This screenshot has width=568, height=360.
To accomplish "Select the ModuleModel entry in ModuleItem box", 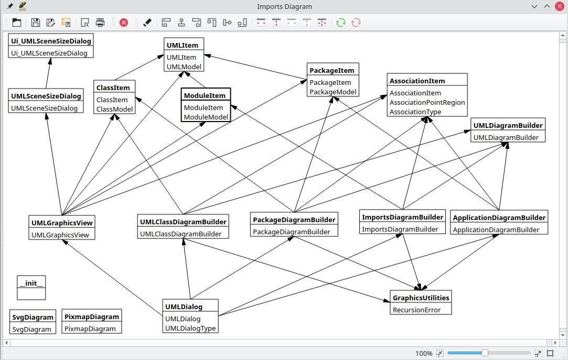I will [x=206, y=117].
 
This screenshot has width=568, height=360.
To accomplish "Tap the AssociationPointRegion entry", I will [x=427, y=102].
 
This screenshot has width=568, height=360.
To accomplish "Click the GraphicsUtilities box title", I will [x=421, y=298].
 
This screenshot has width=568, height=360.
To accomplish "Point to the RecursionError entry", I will [x=416, y=310].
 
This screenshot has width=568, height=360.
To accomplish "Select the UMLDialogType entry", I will [x=190, y=328].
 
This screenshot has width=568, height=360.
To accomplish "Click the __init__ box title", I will [x=31, y=283].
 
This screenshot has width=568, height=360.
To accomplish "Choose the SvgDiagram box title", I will [x=33, y=317].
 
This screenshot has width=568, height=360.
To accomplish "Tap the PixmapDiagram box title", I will [x=92, y=317].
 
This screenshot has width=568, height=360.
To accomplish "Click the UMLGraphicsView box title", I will [x=62, y=223].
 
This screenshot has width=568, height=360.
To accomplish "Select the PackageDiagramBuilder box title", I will [x=294, y=220].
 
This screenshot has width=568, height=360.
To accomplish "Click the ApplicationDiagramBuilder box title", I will [x=499, y=217].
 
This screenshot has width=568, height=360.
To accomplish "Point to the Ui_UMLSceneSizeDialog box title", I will [x=51, y=41].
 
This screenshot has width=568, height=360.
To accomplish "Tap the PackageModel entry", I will [x=333, y=92].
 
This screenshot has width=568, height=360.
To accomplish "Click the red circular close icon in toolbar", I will [x=124, y=23].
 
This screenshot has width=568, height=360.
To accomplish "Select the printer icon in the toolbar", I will [x=100, y=23].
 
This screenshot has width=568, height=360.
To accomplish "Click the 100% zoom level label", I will [x=424, y=353].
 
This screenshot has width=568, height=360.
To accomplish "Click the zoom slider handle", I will [x=485, y=353].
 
